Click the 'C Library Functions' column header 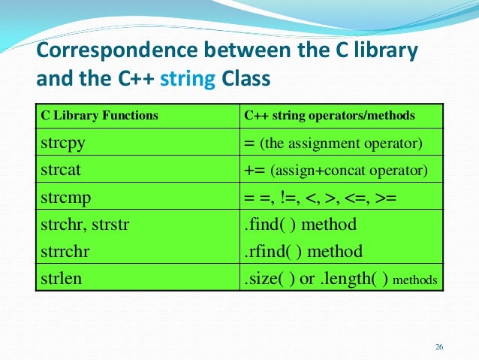(x=98, y=116)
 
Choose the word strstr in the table (x=110, y=224)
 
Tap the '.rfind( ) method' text (x=303, y=251)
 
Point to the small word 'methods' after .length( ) (x=415, y=280)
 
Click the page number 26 (x=439, y=346)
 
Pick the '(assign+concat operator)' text (x=349, y=171)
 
